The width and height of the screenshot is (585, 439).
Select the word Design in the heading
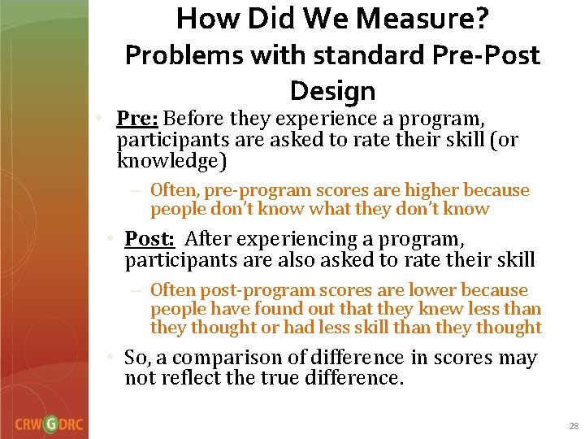(332, 90)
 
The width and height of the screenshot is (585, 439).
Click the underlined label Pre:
(137, 120)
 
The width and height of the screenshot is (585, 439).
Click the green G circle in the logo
(50, 424)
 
